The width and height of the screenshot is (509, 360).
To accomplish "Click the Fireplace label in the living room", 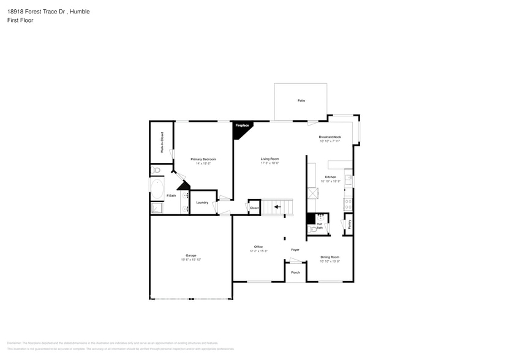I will coord(242,126).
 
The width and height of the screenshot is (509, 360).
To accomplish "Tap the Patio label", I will coord(301,100).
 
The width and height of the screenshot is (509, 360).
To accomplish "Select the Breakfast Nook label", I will coord(330,137).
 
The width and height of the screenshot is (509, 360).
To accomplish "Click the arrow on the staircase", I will coord(277,207).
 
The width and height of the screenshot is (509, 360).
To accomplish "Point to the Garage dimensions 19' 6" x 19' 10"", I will coord(190,260).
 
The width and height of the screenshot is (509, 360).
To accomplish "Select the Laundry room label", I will coord(202,203).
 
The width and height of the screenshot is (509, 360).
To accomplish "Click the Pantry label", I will coord(349,225).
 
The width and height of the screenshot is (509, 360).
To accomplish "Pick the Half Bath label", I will coord(319,226).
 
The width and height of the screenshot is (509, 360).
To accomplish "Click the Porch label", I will coord(295,272).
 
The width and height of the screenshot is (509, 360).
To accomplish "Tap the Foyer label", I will coord(295,250).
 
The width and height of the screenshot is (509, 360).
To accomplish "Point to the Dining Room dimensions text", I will coord(330,261).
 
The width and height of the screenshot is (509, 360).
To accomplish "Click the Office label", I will coord(258,247).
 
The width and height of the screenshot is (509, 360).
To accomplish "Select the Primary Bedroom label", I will coord(203,159).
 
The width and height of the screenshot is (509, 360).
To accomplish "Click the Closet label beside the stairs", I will coord(254,208).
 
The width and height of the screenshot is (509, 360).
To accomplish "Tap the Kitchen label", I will coord(330,177).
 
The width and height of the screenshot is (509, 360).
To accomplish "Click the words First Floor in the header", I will coord(21,20).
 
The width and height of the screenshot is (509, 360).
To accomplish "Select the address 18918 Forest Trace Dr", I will coord(37,11).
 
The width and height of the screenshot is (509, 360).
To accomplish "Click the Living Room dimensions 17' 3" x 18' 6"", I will coord(270,163).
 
